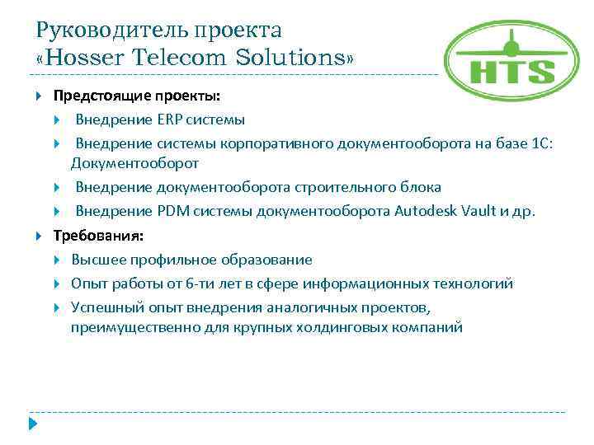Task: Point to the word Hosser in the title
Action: [89, 59]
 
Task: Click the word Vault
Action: [480, 212]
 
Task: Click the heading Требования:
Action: [98, 236]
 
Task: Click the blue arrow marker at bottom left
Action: [34, 425]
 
